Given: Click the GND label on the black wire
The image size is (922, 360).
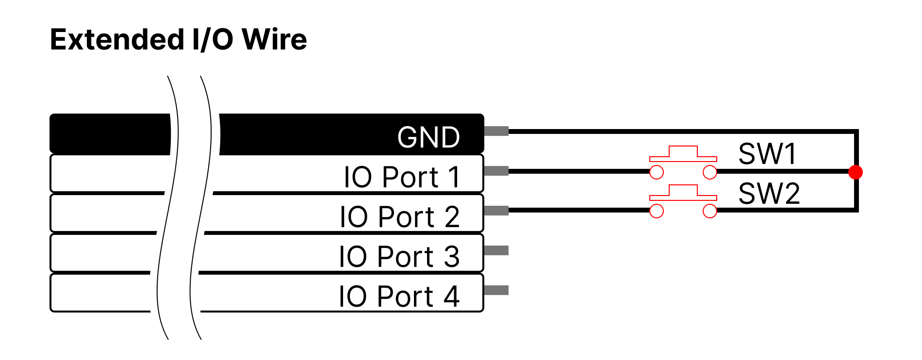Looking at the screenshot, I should click(x=428, y=137).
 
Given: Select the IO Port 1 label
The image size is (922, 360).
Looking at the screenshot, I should click(x=402, y=177).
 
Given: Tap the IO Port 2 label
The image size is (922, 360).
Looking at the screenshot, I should click(x=399, y=217).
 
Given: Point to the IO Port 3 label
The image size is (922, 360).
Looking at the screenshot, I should click(x=399, y=257).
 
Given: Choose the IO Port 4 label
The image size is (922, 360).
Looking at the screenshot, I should click(x=399, y=296).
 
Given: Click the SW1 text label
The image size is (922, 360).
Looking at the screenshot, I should click(x=767, y=154).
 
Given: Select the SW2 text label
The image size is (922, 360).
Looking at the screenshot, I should click(x=769, y=194).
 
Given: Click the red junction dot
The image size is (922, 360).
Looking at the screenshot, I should click(x=856, y=172).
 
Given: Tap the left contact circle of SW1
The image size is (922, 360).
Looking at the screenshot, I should click(x=657, y=172).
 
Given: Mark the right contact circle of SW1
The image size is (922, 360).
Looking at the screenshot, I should click(x=710, y=172).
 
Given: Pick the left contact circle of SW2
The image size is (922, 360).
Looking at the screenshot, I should click(x=657, y=211).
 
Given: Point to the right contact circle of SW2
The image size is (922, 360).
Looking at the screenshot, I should click(x=710, y=211).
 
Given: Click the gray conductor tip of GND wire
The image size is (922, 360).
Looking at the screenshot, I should click(x=496, y=131).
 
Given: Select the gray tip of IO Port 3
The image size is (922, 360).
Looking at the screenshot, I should click(x=496, y=250).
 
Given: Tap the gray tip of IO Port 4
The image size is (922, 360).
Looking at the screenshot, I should click(x=496, y=290).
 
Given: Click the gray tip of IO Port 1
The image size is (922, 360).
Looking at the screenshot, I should click(x=496, y=171).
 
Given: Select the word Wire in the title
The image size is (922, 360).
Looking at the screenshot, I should click(x=275, y=40).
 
